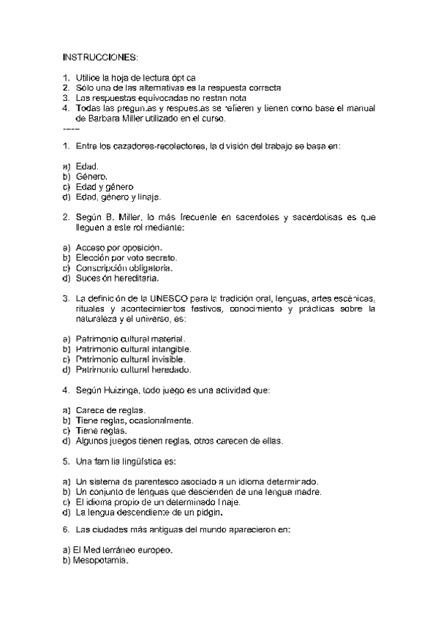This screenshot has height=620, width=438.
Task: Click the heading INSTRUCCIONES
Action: (x=99, y=56)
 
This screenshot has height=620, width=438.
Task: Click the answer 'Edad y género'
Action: (x=104, y=186)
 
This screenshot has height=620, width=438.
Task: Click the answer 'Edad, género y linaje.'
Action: (x=117, y=197)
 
